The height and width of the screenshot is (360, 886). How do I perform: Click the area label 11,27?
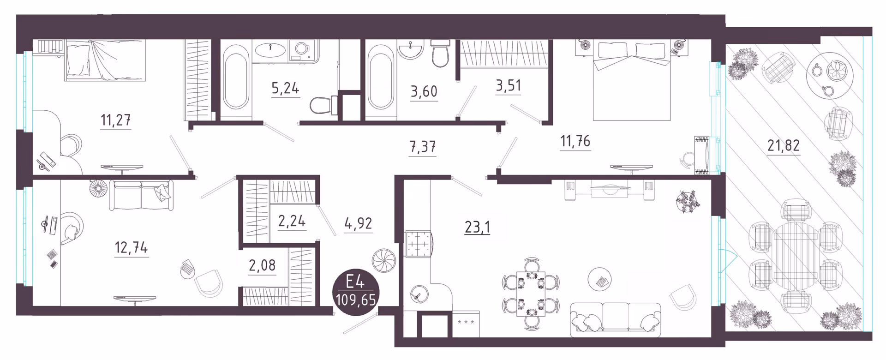point(115,120)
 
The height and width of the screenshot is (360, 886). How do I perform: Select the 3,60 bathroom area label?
point(424,91)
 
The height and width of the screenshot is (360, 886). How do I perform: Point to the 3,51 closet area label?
point(508,85)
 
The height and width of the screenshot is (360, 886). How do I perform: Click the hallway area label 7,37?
point(423,147)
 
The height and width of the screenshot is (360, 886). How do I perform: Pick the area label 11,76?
point(575,141)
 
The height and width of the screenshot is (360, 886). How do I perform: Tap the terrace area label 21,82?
point(784,145)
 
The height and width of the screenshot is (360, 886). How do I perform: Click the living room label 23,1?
point(477,227)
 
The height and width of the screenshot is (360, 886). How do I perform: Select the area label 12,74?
point(131,247)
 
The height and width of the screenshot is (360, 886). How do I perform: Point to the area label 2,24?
point(292,221)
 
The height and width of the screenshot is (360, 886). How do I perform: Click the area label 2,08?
point(262,265)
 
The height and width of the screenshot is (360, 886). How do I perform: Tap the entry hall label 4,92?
point(358,223)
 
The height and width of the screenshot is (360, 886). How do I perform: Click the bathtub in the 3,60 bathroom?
point(381,77)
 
